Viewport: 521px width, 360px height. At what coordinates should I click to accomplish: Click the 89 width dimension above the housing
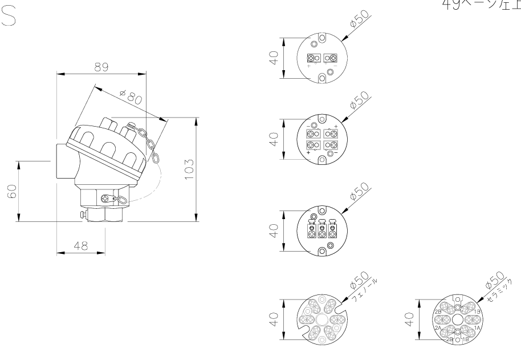click(x=102, y=67)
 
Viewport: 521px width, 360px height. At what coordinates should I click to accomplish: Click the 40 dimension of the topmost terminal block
click(x=274, y=59)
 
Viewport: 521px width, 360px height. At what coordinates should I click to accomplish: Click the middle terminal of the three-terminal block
click(x=322, y=230)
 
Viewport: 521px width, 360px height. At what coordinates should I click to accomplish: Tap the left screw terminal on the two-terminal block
click(x=312, y=59)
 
